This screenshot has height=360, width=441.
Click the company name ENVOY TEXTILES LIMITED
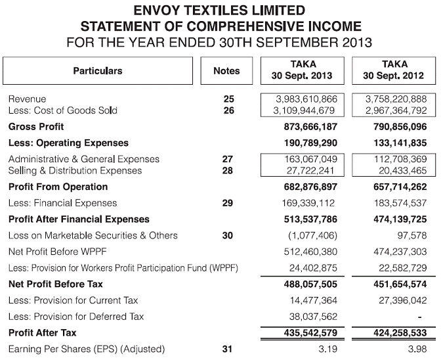point(220,11)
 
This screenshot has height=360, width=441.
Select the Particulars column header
point(98,71)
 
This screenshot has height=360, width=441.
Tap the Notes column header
point(226,71)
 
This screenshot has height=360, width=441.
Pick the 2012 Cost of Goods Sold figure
point(396,110)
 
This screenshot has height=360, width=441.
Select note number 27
point(228,159)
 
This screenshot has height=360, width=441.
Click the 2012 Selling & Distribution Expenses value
point(400,171)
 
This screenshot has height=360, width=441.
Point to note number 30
point(228,235)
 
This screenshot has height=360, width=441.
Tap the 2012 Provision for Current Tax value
point(400,300)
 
